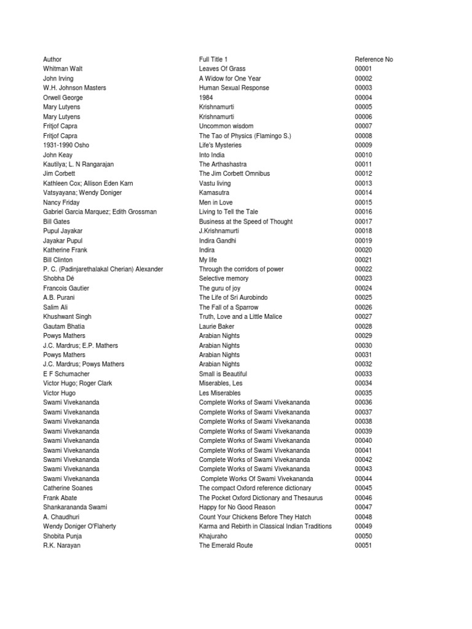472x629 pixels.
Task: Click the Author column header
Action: [x=52, y=60]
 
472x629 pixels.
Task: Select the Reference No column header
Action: [x=374, y=60]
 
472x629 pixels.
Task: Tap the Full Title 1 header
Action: [x=213, y=60]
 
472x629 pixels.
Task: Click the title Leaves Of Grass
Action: [x=222, y=69]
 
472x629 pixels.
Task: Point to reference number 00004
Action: [x=364, y=98]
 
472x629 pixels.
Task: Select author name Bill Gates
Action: [x=57, y=221]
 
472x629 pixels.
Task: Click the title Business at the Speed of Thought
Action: [x=246, y=221]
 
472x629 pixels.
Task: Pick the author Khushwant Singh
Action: [x=67, y=316]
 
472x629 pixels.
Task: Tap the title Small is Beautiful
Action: [x=223, y=373]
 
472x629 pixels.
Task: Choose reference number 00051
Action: [x=364, y=545]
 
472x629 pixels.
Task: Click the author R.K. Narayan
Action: [x=61, y=545]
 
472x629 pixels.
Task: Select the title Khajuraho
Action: [x=213, y=536]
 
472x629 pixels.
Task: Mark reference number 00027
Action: [x=364, y=316]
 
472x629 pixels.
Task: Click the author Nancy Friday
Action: [x=61, y=202]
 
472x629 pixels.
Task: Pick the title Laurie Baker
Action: [x=216, y=326]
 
